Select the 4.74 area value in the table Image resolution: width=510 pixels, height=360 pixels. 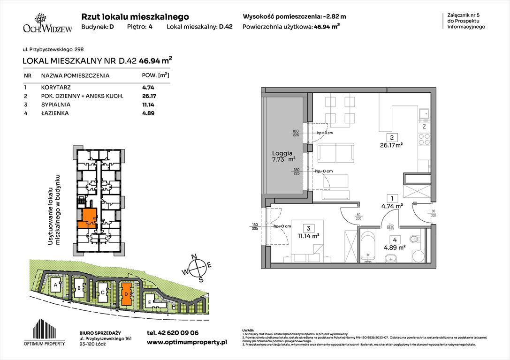(148, 87)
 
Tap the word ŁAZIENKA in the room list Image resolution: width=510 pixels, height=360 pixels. (54, 113)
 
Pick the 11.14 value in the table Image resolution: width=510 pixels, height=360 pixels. (148, 105)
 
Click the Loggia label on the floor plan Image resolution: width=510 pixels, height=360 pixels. (282, 153)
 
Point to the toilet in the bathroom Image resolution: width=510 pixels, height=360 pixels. (414, 240)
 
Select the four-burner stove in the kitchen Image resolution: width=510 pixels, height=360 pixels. (424, 139)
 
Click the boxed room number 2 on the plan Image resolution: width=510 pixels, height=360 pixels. (391, 138)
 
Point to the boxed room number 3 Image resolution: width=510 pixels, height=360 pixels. (308, 228)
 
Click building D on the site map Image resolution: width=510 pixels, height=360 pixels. (126, 294)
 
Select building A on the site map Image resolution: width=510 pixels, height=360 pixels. (56, 285)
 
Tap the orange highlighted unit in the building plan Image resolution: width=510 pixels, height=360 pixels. (88, 218)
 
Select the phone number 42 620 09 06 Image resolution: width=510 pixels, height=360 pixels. (173, 333)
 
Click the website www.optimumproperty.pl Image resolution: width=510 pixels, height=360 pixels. (187, 343)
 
